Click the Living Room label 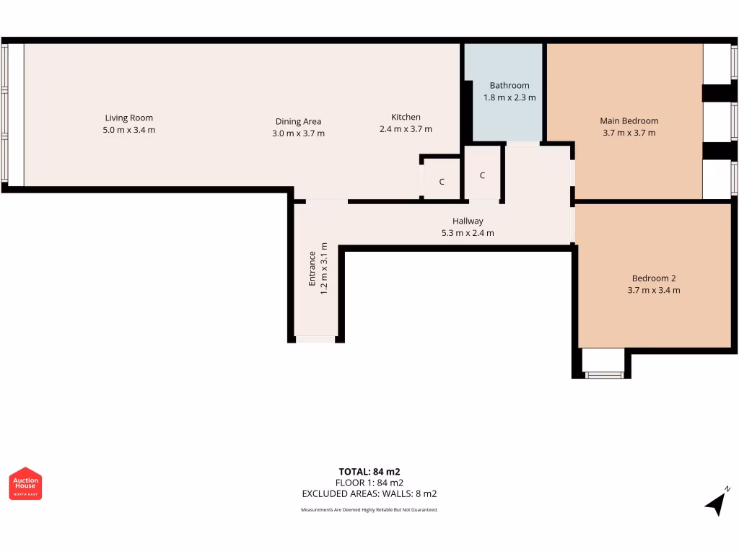click(x=128, y=118)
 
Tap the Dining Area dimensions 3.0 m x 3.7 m click(x=298, y=133)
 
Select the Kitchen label click(x=406, y=117)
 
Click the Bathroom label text click(x=509, y=85)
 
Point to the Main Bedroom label click(x=629, y=120)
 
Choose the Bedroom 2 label click(x=653, y=278)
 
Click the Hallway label click(x=468, y=221)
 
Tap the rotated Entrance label click(x=312, y=268)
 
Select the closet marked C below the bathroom click(x=482, y=175)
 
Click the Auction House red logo click(x=25, y=483)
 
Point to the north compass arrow click(x=716, y=502)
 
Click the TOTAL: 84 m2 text click(x=369, y=472)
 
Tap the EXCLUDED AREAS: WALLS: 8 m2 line click(x=369, y=494)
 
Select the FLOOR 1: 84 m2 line click(x=369, y=483)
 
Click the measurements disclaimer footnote click(x=369, y=510)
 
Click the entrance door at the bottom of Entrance click(x=315, y=338)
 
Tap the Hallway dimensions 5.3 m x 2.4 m click(x=468, y=233)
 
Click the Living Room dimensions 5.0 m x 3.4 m click(x=128, y=130)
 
